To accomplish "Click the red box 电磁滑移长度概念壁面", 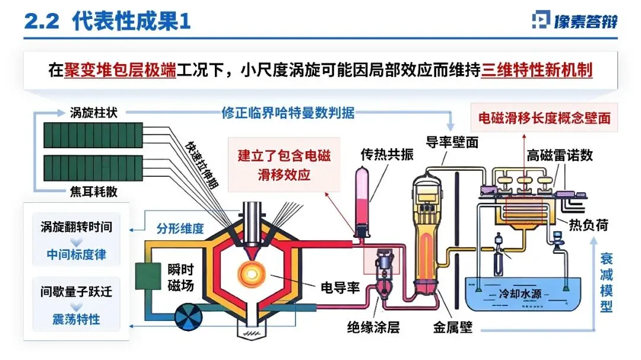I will [544, 118].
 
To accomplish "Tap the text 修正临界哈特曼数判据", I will [288, 112].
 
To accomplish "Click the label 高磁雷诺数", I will [560, 156].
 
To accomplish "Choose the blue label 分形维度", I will [180, 228].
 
